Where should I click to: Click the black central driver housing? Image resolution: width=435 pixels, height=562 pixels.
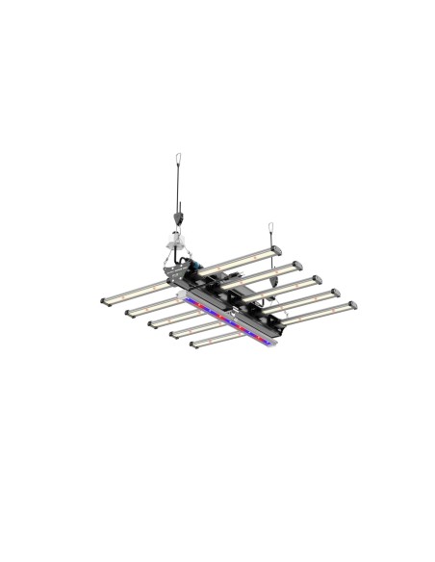pos(231,294)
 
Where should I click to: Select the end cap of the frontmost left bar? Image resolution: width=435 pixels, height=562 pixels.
pos(192,344)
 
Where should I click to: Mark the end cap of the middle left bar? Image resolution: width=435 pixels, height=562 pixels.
pos(149,322)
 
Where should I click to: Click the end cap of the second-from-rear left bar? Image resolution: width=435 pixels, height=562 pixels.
pos(127,311)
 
